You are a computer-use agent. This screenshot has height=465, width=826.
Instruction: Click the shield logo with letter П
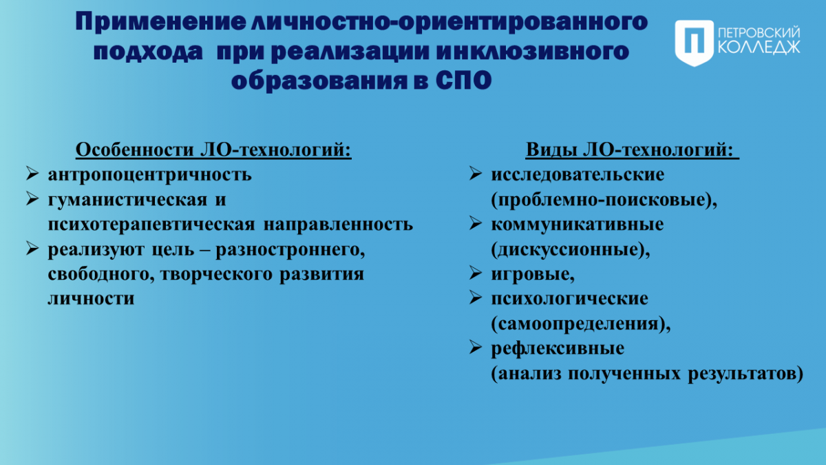pos(695,43)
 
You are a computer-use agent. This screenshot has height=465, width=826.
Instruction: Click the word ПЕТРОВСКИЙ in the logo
pos(759,32)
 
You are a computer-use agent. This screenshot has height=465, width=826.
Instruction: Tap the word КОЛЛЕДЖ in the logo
pos(759,48)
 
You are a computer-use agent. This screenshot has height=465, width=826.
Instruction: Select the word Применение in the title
pos(160,22)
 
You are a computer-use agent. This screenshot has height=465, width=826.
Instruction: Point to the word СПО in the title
pos(463,81)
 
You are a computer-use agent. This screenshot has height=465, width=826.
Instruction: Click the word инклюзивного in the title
pos(533,51)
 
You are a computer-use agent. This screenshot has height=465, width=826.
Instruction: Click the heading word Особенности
pos(135,149)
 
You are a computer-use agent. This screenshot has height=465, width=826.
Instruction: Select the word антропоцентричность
pos(150,174)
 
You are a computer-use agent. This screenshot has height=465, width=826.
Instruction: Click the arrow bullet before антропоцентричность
pos(32,174)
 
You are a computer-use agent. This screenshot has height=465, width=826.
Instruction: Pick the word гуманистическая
pos(127,200)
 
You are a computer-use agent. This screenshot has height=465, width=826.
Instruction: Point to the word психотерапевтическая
pos(151,225)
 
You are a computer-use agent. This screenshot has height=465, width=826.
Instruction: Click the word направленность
pos(338,225)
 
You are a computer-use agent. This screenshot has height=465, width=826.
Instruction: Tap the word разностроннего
pos(290,250)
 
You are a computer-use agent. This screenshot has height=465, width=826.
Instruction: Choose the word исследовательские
pos(578,174)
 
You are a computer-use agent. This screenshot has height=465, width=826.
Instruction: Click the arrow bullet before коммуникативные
pos(476,223)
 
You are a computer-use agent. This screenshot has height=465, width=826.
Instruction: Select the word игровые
pos(533,275)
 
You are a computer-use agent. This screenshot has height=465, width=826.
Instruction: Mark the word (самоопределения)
pos(581,324)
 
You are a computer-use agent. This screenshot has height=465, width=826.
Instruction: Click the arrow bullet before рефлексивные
pos(476,347)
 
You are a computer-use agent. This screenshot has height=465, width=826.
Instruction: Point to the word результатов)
pos(745,374)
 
